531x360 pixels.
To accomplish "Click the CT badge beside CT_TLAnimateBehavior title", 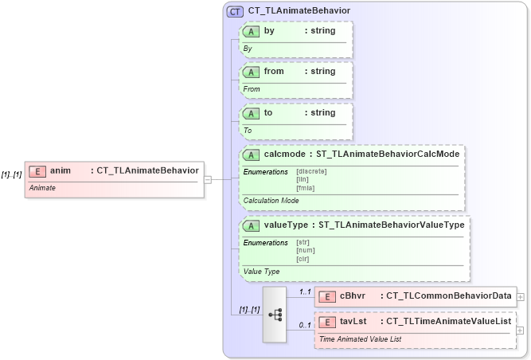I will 235,11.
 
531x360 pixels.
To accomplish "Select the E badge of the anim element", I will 37,170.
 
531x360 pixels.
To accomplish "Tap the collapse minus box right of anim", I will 208,179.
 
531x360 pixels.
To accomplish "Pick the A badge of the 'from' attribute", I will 252,72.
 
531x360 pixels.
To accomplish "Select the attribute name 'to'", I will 268,113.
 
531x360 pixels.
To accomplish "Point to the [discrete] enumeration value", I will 311,170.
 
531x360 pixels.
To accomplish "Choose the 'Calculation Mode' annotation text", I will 271,201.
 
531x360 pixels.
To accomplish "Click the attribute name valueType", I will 287,225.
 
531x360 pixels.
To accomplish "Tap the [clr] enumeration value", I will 303,258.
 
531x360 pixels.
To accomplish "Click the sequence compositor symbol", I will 275,315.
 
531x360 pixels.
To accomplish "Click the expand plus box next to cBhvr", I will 521,296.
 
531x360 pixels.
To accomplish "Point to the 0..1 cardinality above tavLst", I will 305,325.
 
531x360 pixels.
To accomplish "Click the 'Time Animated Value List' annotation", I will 360,338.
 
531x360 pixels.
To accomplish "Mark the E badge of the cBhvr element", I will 327,296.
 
